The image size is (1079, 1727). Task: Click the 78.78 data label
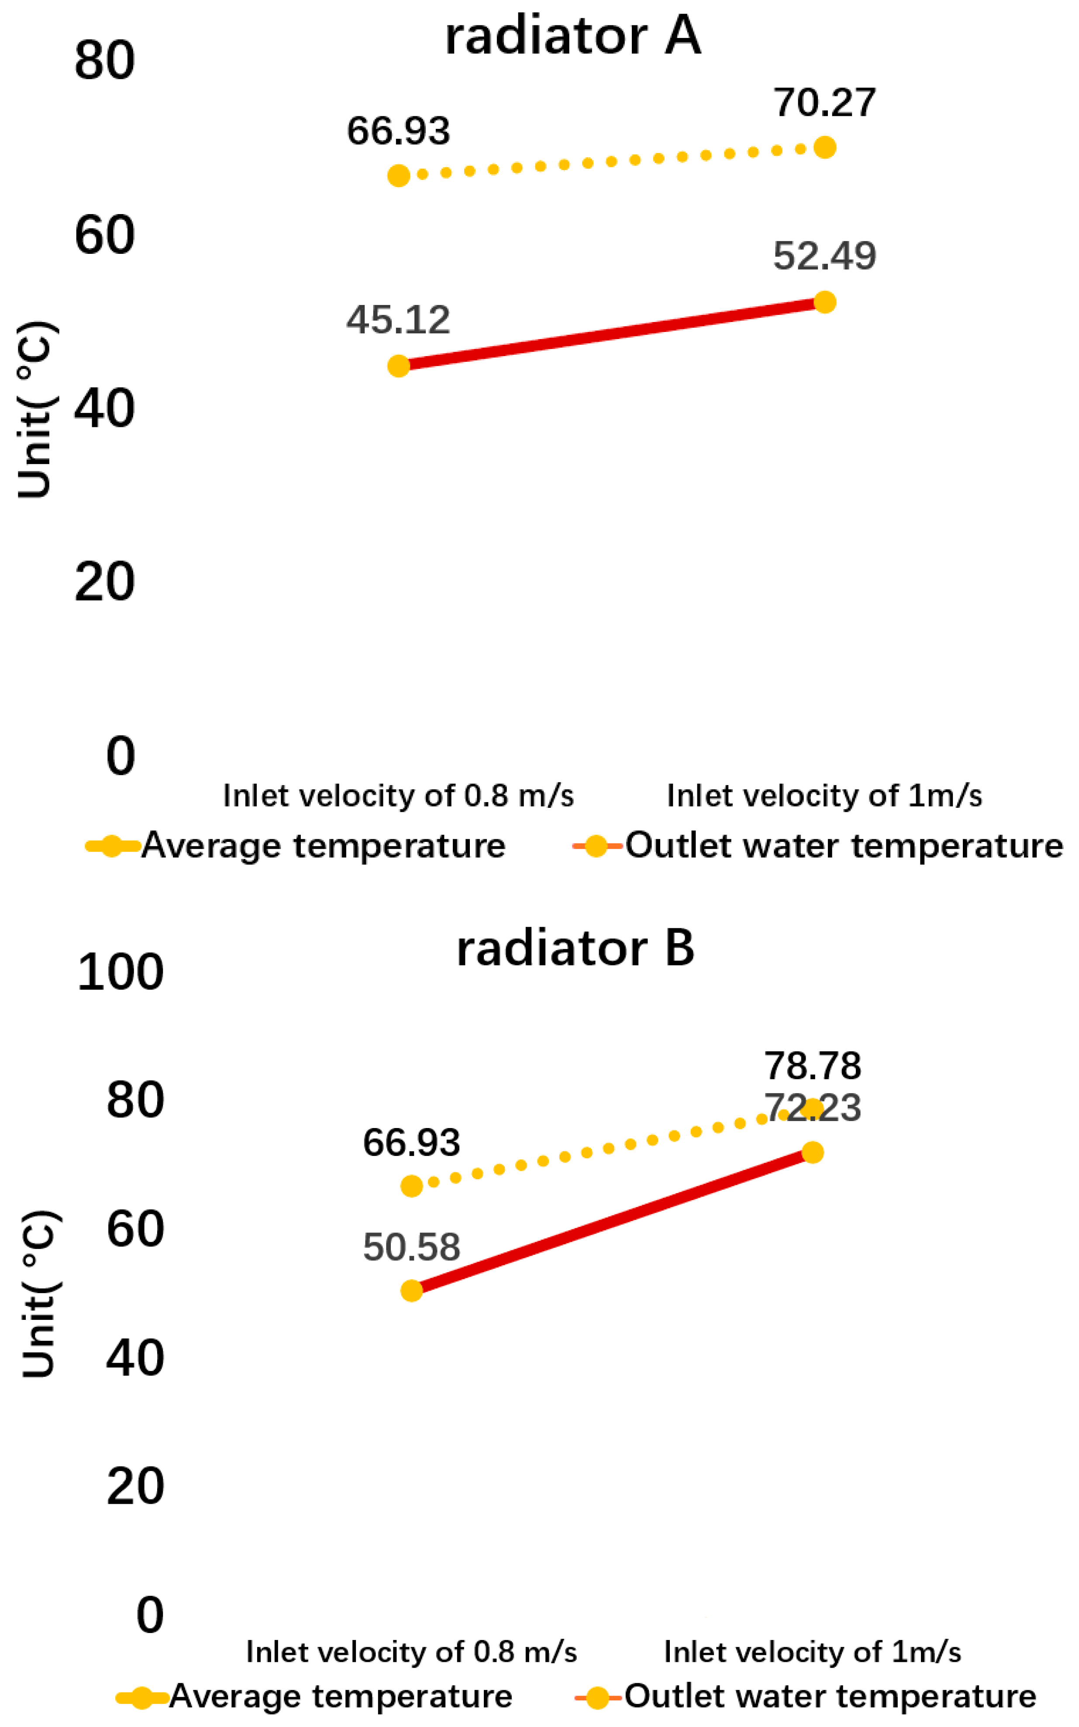(x=813, y=1066)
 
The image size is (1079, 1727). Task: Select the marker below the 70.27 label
(x=825, y=148)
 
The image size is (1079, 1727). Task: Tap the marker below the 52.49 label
(x=824, y=303)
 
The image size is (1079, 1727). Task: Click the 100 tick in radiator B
(x=120, y=973)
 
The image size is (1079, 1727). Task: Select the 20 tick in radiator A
(x=104, y=582)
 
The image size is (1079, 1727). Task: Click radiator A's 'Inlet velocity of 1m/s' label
(x=824, y=795)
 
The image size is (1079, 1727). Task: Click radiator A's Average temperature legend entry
(x=296, y=846)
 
